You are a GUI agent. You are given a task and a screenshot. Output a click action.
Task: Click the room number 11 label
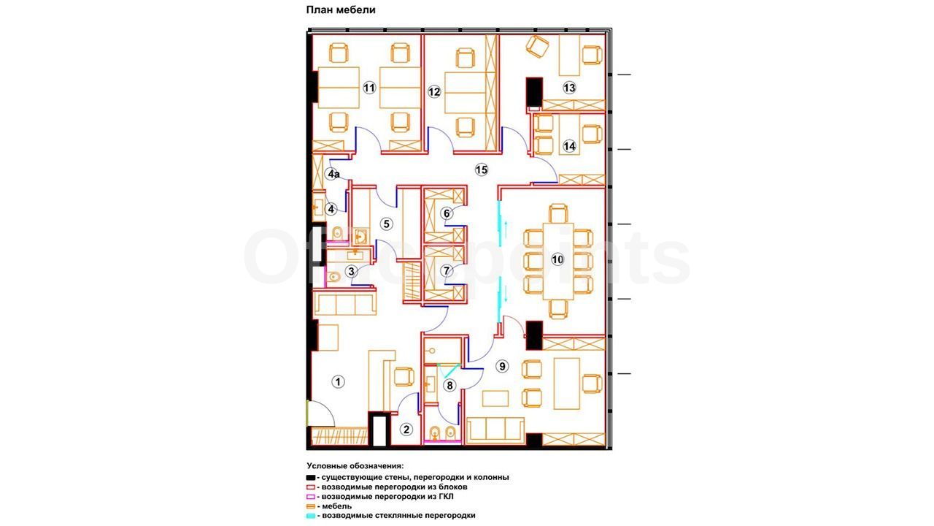(x=369, y=88)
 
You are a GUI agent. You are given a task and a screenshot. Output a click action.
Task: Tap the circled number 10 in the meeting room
(x=557, y=259)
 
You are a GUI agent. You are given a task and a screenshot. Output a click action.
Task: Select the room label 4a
(x=333, y=174)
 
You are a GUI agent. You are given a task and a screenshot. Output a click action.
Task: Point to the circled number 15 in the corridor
(x=482, y=170)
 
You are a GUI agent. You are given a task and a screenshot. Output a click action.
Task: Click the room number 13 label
(x=569, y=88)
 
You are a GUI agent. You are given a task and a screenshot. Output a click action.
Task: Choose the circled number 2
(x=406, y=430)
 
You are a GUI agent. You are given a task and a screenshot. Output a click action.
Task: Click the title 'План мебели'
(x=341, y=9)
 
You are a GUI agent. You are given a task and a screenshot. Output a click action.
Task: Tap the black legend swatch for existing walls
(x=311, y=477)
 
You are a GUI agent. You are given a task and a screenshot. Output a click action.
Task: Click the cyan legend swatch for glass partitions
(x=311, y=516)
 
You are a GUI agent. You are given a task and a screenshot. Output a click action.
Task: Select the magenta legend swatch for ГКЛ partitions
(x=311, y=497)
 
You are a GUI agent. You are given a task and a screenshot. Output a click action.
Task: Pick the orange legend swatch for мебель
(x=311, y=506)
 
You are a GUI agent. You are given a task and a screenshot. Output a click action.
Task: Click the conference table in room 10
(x=558, y=262)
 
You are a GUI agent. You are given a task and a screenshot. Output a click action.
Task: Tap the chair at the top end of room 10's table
(x=558, y=213)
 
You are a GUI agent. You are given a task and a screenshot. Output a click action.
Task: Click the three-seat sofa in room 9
(x=495, y=430)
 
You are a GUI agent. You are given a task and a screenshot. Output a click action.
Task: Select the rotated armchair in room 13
(x=537, y=46)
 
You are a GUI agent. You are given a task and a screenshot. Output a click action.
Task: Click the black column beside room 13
(x=534, y=92)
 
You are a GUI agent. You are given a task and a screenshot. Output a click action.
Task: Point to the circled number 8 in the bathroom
(x=449, y=385)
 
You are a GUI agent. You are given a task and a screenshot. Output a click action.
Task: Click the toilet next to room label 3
(x=333, y=276)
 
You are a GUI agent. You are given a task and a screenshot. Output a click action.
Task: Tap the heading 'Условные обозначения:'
(x=355, y=466)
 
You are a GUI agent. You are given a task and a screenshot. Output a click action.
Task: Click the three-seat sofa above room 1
(x=345, y=304)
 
